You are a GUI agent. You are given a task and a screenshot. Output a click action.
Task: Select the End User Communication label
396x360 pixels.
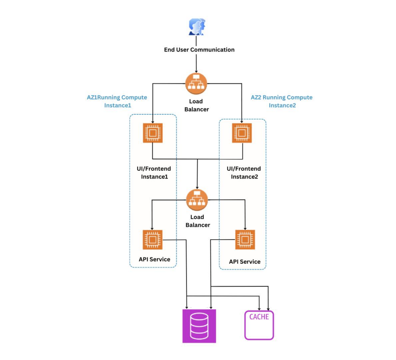click(199, 50)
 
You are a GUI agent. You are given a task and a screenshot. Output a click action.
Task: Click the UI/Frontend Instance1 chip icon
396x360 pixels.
click(152, 133)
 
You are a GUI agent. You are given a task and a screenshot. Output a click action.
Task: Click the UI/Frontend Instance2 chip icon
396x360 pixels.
click(242, 133)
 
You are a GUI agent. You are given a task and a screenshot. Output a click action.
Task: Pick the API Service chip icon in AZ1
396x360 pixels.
click(152, 240)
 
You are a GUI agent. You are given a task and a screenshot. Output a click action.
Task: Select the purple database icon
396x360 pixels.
click(199, 326)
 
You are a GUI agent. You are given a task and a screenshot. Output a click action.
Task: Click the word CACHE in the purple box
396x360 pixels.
click(259, 317)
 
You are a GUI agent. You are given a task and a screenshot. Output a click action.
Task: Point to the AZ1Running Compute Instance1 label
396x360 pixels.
click(117, 101)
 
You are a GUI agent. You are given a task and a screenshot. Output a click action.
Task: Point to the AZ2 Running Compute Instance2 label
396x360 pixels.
click(282, 101)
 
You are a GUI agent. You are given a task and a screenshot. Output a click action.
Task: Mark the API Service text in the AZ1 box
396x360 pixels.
click(154, 259)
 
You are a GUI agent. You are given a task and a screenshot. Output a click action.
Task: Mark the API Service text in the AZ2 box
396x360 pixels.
click(244, 262)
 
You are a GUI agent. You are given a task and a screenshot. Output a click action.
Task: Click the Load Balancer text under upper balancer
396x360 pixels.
click(196, 105)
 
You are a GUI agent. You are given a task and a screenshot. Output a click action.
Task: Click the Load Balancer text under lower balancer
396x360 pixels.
click(198, 221)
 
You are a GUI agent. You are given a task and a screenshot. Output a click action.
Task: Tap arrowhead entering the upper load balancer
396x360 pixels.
click(196, 71)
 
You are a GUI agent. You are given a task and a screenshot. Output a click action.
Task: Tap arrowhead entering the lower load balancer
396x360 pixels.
click(198, 188)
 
